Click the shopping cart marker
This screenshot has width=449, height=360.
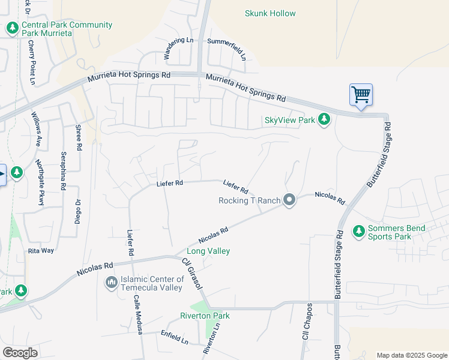point(361,95)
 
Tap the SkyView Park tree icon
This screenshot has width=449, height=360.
point(324,120)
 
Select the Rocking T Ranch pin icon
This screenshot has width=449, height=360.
point(289,200)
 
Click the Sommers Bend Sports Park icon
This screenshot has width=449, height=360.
point(359,230)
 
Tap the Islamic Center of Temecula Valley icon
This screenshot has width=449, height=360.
point(111,282)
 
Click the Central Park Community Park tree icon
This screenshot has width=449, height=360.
point(12,28)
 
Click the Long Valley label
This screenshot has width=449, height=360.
point(208,251)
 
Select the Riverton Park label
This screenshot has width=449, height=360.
point(205,316)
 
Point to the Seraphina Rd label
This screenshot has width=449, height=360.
point(63,171)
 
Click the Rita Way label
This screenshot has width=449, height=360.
point(41,250)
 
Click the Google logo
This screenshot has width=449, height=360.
point(20,353)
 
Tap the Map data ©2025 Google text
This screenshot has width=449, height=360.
point(411,355)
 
